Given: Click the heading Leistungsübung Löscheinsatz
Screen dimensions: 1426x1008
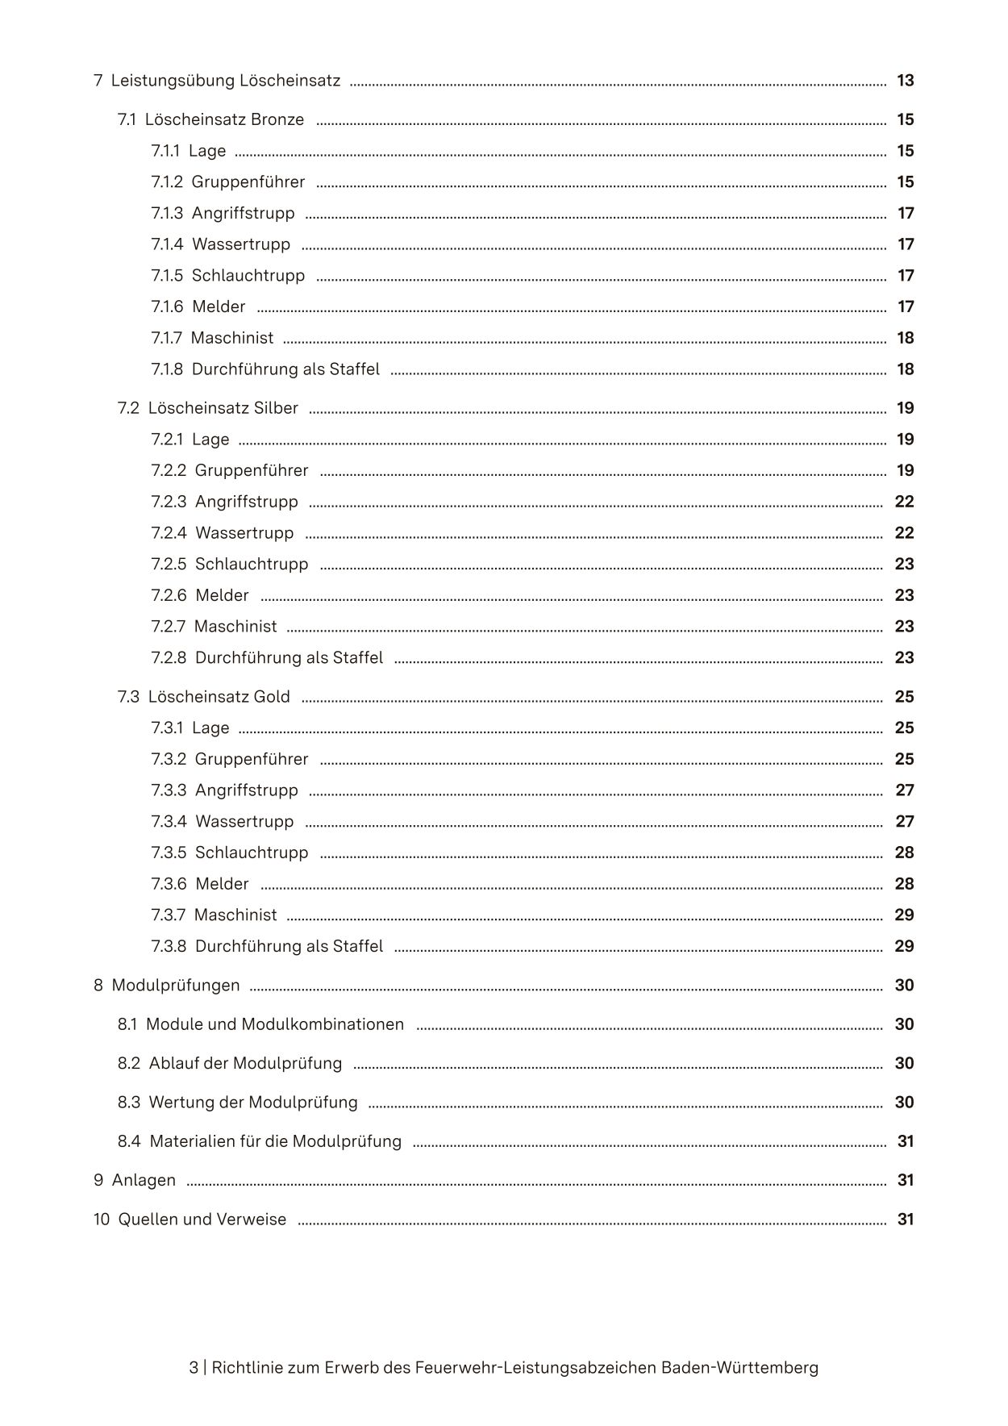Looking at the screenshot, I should click(x=225, y=81).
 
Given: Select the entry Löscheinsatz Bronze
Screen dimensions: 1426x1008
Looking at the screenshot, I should click(x=224, y=119).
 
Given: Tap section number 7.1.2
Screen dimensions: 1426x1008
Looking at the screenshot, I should click(x=167, y=182).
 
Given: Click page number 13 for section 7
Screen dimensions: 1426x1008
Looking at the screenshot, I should click(x=905, y=81).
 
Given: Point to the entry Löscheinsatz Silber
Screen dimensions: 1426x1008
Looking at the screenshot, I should click(x=223, y=408).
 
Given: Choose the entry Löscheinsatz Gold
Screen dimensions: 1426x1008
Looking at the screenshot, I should click(x=219, y=697).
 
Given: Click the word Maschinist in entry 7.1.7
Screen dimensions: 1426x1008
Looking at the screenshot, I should click(x=232, y=338).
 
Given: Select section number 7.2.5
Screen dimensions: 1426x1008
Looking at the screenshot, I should click(x=169, y=565).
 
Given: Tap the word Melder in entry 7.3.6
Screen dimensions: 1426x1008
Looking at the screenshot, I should click(x=222, y=884).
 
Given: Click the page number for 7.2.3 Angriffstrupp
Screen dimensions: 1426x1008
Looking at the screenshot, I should click(x=904, y=502).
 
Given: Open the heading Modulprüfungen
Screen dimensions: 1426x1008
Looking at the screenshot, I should click(x=175, y=986).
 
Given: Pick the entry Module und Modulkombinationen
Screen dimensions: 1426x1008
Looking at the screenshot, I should click(x=274, y=1024).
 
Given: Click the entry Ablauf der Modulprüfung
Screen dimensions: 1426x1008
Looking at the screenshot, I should click(x=245, y=1063).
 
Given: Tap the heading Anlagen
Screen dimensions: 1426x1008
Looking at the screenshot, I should click(x=143, y=1180).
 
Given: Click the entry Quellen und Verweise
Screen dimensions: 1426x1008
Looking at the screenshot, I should click(x=202, y=1220).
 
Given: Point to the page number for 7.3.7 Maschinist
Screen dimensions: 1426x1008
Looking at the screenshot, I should click(x=904, y=915).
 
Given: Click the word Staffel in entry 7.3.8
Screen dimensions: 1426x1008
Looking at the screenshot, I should click(x=358, y=946).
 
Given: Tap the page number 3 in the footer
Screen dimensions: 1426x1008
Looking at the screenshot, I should click(x=194, y=1367).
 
